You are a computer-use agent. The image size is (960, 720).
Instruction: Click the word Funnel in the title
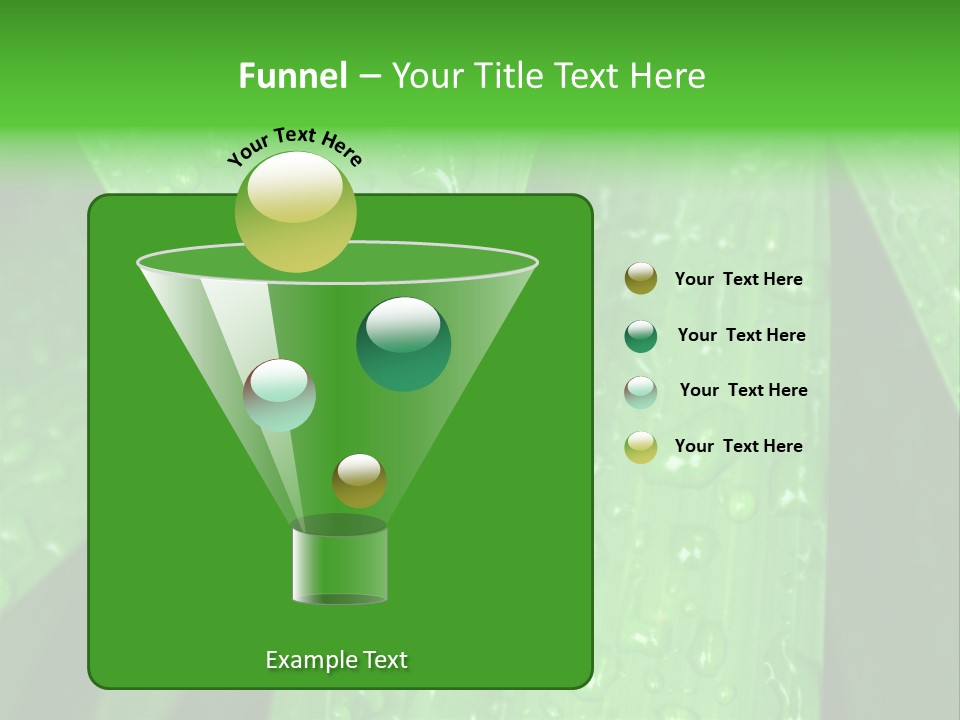click(292, 76)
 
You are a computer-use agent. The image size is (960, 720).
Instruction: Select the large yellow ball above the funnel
click(295, 212)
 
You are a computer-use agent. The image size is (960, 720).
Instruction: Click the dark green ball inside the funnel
click(404, 344)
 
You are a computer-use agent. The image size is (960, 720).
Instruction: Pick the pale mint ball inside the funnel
click(280, 395)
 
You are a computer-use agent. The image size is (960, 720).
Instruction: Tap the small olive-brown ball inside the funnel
click(359, 480)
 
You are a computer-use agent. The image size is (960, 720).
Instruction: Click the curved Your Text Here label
click(295, 146)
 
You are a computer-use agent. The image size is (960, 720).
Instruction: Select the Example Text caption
click(336, 660)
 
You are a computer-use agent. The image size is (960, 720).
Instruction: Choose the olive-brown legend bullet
click(641, 279)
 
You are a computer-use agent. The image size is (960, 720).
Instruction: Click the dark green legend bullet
click(641, 336)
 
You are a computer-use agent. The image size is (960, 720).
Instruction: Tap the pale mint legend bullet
click(641, 392)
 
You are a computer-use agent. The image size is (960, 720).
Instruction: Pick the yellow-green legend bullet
click(641, 448)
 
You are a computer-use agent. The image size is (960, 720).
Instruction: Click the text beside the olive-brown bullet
click(738, 279)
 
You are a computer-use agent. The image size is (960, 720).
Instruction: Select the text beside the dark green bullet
click(741, 335)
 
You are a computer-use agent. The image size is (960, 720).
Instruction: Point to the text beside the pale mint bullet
click(743, 390)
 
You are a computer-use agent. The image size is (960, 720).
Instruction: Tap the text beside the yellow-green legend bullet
click(738, 446)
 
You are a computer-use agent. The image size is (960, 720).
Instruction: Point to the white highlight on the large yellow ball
click(295, 190)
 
